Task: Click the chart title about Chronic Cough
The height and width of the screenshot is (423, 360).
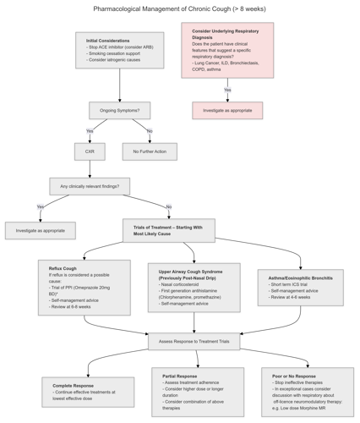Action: tap(179, 8)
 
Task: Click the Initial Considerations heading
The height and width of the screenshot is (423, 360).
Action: tap(108, 41)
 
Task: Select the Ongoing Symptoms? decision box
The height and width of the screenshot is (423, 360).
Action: tap(119, 110)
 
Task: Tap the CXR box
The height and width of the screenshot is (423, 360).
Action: tap(90, 151)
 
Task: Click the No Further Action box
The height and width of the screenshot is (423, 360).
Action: tap(150, 151)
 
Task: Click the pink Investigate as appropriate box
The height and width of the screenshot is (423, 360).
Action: tap(227, 110)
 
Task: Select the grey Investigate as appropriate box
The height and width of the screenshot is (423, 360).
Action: tap(41, 230)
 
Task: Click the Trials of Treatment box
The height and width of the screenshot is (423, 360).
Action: tap(168, 230)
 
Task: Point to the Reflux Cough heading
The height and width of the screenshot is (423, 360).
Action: tap(63, 268)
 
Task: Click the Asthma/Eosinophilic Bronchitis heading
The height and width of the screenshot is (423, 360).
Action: tap(300, 277)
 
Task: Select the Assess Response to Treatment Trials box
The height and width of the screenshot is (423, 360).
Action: tap(194, 342)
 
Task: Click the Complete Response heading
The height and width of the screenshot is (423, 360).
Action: tap(73, 385)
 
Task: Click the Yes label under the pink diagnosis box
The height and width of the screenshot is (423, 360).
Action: tap(227, 90)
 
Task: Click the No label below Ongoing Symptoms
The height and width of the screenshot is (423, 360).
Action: tap(150, 131)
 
